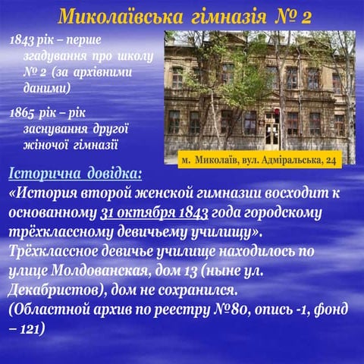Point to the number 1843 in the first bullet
pyautogui.click(x=24, y=39)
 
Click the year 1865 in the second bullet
pyautogui.click(x=24, y=113)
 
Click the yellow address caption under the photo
pyautogui.click(x=259, y=161)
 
